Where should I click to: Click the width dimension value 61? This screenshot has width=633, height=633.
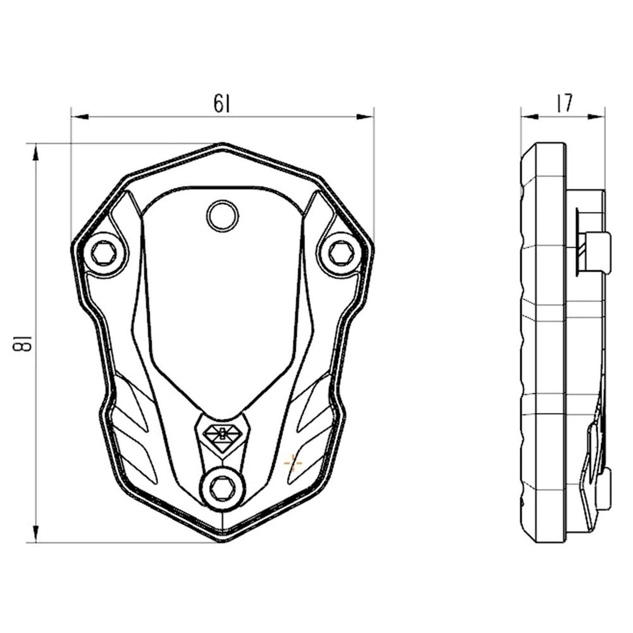pos(222,104)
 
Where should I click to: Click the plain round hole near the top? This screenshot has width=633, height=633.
pos(223,216)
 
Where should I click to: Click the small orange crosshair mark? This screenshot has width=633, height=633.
pos(293,462)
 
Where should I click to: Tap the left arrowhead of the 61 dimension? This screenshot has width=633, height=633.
pos(79,117)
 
